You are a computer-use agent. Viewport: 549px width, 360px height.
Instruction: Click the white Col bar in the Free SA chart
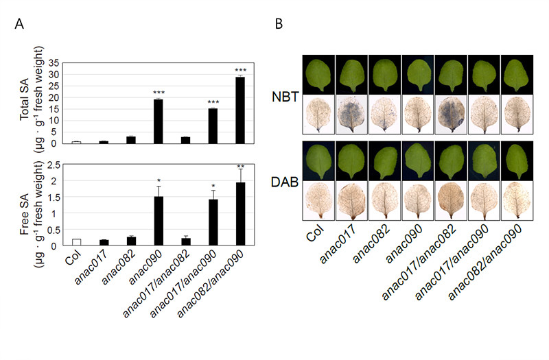pyautogui.click(x=76, y=241)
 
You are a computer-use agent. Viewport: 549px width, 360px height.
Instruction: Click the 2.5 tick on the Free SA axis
pyautogui.click(x=60, y=165)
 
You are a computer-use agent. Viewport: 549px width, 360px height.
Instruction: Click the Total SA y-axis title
pyautogui.click(x=31, y=96)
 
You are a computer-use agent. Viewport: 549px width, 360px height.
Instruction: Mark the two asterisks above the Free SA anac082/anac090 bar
pyautogui.click(x=240, y=167)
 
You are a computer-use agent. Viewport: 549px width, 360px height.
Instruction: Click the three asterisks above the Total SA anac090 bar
pyautogui.click(x=158, y=92)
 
